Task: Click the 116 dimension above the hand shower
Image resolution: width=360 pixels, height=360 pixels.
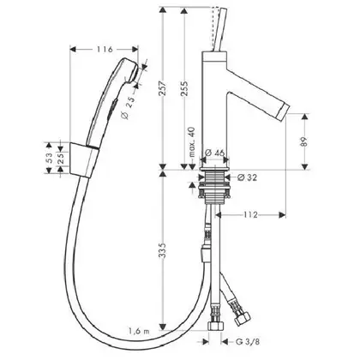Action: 105,50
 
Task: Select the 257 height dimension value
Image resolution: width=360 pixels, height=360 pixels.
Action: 163,89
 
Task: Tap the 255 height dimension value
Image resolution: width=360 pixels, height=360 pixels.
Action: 184,89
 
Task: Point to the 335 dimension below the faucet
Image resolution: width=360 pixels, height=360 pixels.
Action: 163,250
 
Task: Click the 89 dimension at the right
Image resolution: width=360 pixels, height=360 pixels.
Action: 305,142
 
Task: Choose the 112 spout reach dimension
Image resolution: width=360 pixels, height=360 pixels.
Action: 250,214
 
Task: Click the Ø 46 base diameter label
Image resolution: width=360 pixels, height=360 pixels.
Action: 214,153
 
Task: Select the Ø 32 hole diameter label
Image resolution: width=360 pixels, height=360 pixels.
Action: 247,177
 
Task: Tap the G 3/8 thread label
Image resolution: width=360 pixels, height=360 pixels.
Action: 248,341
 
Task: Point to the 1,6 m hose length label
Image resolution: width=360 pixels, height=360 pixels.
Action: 139,332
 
